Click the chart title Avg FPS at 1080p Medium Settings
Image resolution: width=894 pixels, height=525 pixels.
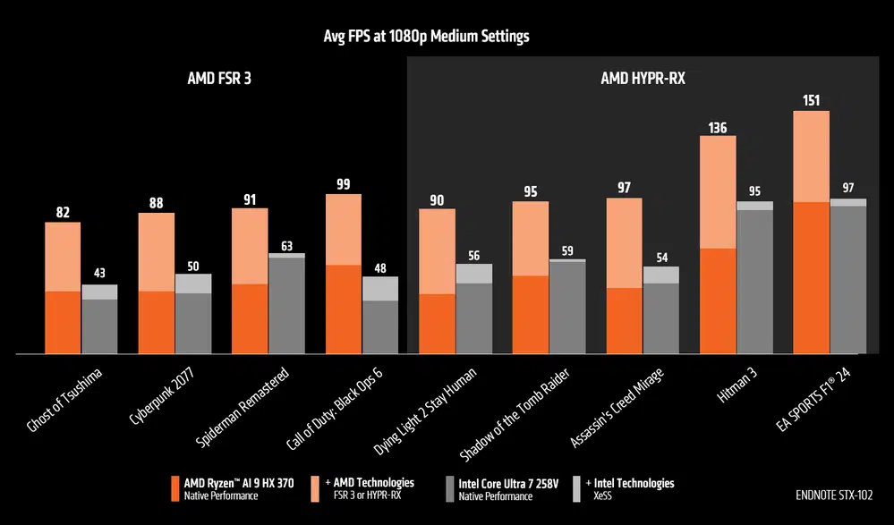[426, 37]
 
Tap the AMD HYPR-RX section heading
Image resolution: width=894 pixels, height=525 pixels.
[642, 79]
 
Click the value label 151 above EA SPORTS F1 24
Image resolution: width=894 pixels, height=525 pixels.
[811, 100]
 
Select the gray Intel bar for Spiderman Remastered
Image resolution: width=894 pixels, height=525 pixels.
[286, 304]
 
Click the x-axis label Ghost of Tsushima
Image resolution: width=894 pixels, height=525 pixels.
[65, 400]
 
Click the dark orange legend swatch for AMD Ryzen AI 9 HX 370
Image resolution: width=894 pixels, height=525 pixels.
[175, 488]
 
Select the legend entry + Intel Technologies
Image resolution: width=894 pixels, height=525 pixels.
[632, 483]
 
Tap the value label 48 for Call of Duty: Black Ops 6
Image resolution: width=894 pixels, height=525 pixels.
[379, 267]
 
